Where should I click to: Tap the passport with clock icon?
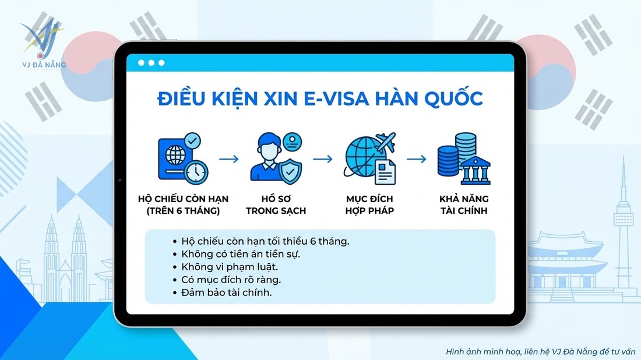coord(182,158)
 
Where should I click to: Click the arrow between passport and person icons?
coord(229,158)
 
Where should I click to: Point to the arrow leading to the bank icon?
coord(416,158)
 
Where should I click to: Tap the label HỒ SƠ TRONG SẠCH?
coord(276,204)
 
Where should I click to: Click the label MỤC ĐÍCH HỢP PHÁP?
coord(369,204)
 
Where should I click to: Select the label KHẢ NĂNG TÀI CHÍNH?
coord(464,204)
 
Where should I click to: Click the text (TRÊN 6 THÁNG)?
coord(183,211)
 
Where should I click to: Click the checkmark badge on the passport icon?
coord(192,140)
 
